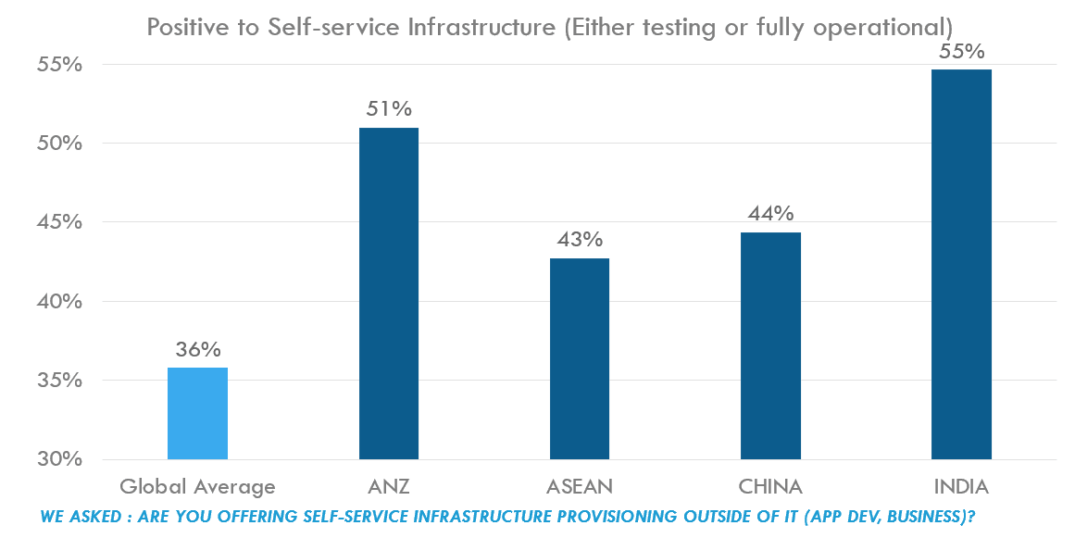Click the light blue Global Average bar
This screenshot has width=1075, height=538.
tap(197, 413)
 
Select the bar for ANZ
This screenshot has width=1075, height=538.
tap(388, 294)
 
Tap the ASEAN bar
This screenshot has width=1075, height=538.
tap(580, 358)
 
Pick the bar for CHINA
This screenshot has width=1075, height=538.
tap(770, 345)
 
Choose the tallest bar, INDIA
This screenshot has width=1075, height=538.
tap(961, 264)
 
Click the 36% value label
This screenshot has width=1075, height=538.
tap(198, 350)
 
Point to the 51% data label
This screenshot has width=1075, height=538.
tap(388, 109)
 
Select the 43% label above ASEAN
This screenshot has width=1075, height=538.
tap(580, 240)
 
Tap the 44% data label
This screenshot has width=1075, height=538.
tap(770, 214)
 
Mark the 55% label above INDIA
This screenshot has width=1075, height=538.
tap(961, 52)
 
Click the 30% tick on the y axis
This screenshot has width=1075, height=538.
tap(61, 459)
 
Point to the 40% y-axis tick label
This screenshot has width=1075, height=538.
tap(61, 302)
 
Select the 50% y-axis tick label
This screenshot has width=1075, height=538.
tap(61, 144)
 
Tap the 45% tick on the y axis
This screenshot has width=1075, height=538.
tap(61, 222)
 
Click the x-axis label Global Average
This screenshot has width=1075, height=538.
tap(197, 486)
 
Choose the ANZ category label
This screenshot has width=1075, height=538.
tap(388, 486)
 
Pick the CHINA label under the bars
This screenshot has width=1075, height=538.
tap(770, 486)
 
